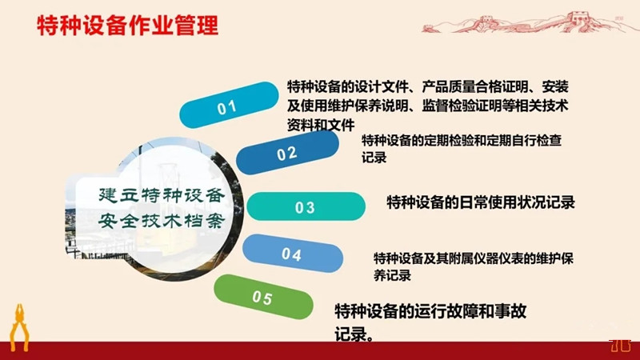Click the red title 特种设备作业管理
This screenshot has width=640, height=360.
tap(128, 26)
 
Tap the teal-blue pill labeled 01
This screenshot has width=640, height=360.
tap(229, 105)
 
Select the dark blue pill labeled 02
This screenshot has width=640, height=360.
tap(287, 152)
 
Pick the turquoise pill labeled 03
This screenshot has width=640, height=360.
tap(306, 206)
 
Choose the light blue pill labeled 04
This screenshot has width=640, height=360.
tap(292, 254)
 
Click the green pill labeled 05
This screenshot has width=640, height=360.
tap(263, 297)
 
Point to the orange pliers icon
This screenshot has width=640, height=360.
tap(19, 327)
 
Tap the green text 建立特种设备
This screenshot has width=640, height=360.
tap(162, 195)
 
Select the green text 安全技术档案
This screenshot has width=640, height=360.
tap(162, 221)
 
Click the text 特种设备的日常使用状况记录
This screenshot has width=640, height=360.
tap(481, 202)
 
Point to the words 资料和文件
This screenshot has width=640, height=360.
tap(321, 125)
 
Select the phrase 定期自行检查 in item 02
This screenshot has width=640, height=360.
tap(525, 141)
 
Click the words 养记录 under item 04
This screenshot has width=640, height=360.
tap(392, 275)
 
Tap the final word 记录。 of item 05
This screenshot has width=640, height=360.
tap(354, 334)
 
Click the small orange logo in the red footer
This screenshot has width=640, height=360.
tap(620, 346)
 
